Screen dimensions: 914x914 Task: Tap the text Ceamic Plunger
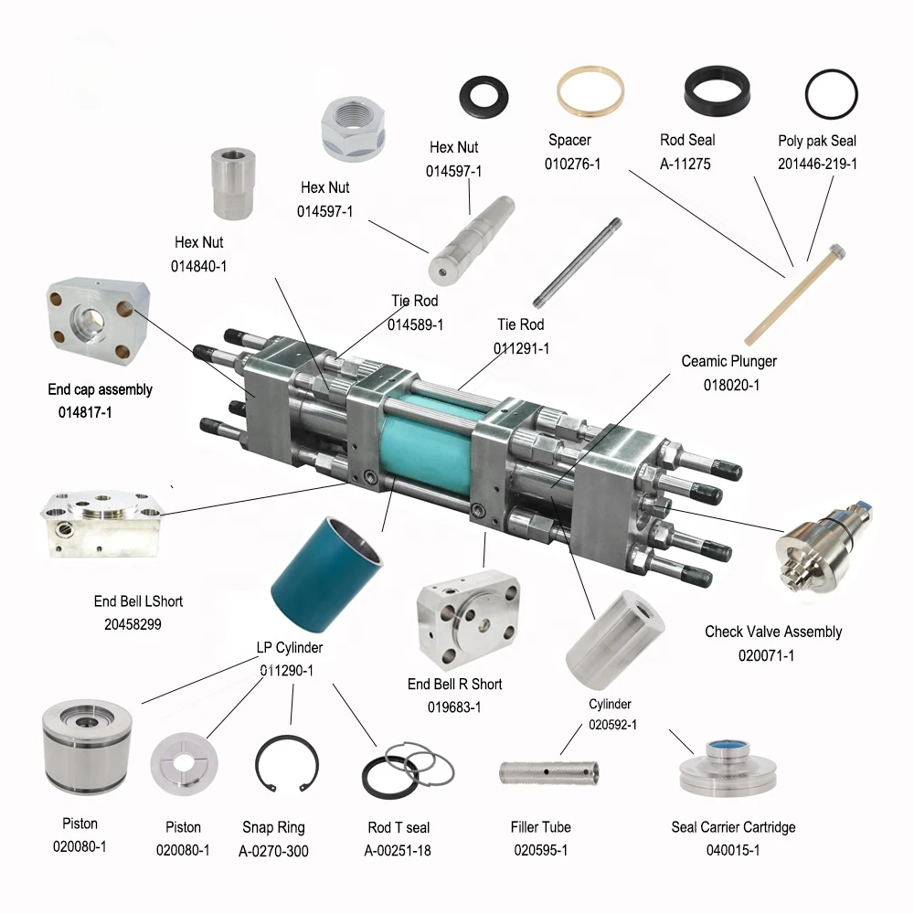728,362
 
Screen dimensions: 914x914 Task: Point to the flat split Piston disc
185,760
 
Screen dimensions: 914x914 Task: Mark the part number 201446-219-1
817,165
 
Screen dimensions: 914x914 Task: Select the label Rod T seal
399,828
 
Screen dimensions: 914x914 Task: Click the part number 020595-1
540,850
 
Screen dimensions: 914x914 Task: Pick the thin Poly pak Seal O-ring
831,95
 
